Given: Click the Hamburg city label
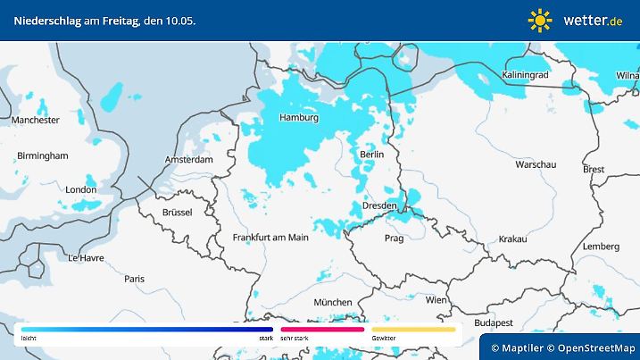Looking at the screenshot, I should (x=298, y=117).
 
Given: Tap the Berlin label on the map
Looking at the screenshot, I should (x=371, y=155).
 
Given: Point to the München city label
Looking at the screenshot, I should (x=332, y=302).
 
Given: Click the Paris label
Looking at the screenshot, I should (x=135, y=279).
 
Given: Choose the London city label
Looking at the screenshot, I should (x=80, y=189).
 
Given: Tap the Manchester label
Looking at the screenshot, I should (x=36, y=120).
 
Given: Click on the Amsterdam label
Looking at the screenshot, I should (x=188, y=160).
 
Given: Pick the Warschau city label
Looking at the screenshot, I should (x=536, y=165).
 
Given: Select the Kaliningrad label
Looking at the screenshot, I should (x=525, y=76).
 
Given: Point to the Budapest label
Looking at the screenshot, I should (x=492, y=322).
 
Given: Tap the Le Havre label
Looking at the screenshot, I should (x=86, y=257).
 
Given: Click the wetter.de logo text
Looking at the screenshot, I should (x=593, y=20).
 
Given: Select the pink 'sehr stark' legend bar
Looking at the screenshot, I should (x=322, y=330).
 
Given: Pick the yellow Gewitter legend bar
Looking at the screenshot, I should (x=413, y=330).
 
